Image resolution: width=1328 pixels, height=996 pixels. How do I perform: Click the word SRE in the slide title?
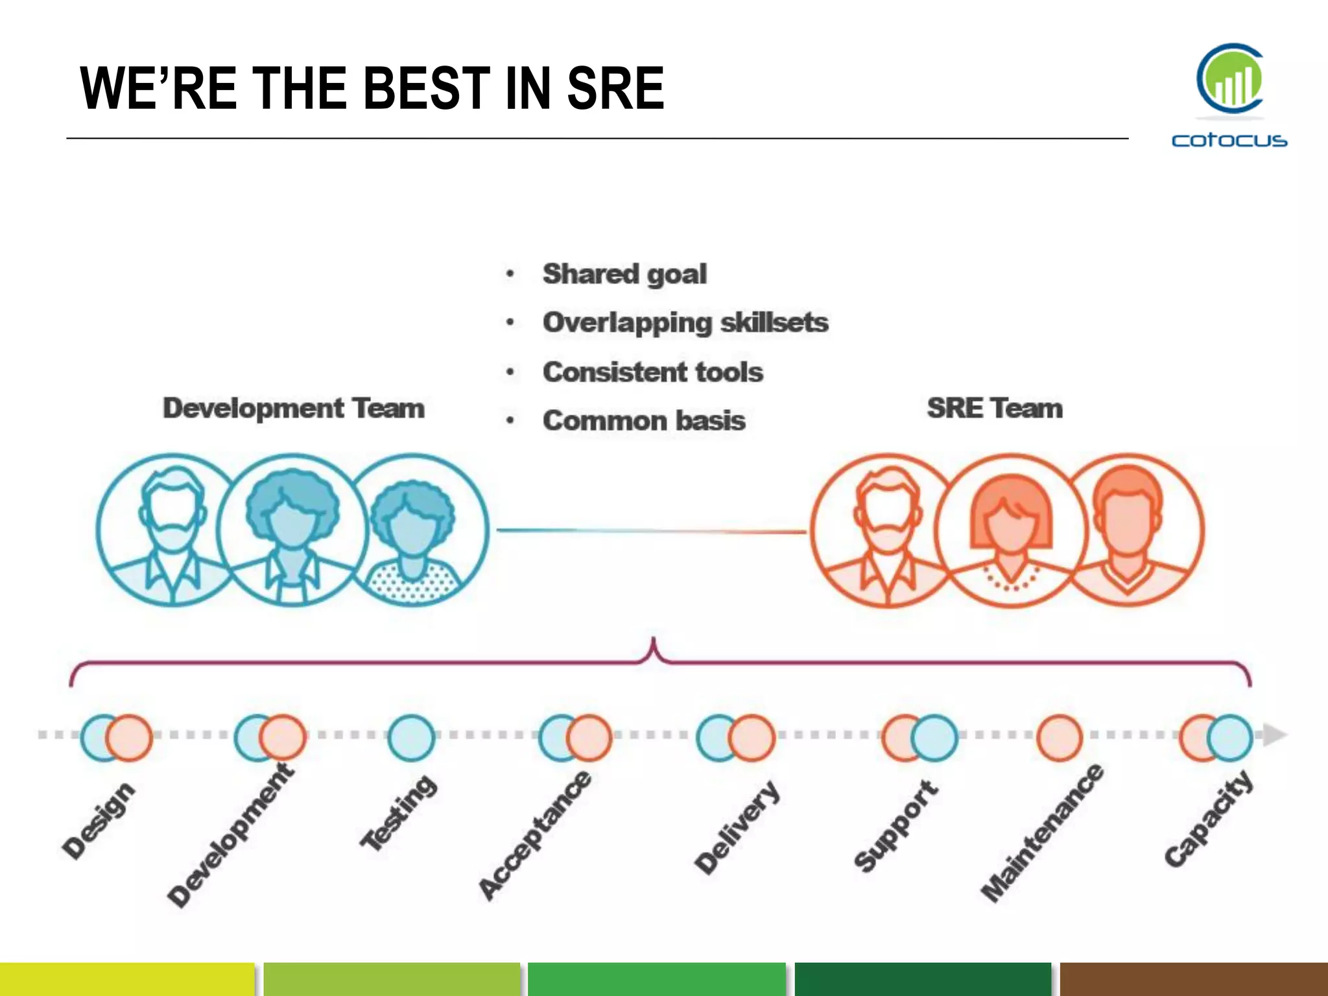click(615, 89)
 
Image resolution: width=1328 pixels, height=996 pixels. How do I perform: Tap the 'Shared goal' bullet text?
click(624, 274)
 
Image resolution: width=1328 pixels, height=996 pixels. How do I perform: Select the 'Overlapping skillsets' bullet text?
click(685, 323)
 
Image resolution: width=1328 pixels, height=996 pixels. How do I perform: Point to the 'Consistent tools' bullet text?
click(653, 372)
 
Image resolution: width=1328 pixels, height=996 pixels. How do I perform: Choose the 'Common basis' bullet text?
click(644, 421)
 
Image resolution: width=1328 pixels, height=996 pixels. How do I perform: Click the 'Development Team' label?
click(294, 409)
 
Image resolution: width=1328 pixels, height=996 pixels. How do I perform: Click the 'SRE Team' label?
click(995, 409)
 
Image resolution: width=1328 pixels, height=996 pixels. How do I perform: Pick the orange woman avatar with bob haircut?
click(1010, 530)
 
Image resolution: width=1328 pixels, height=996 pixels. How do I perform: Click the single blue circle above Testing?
click(411, 738)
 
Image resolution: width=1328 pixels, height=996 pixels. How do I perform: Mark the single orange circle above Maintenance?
click(1060, 738)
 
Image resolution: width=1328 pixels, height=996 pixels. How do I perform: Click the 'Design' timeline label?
click(99, 821)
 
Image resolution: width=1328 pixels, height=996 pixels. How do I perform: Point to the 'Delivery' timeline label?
click(737, 827)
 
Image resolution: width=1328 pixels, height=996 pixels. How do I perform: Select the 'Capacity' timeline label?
click(1209, 818)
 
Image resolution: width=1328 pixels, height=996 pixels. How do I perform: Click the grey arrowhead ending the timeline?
click(1274, 735)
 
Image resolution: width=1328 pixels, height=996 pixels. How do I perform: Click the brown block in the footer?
click(1193, 979)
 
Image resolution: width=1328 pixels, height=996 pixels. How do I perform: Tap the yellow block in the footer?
click(127, 979)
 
